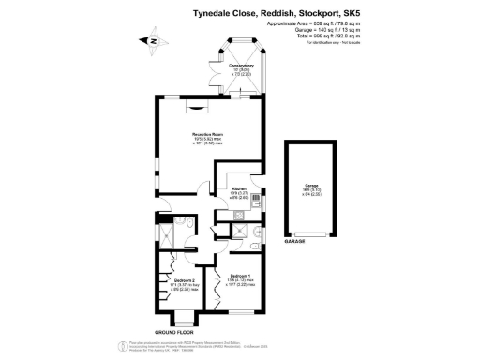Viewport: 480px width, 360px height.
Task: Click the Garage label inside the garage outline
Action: [x=310, y=188]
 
